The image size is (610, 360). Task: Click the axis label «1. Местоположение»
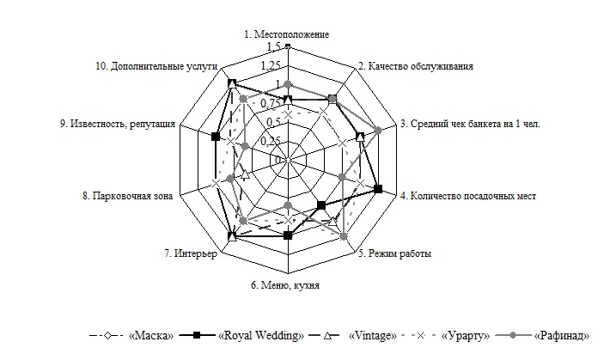[x=286, y=34]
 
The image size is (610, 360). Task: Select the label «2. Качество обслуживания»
[x=415, y=65]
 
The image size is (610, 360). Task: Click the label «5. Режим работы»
[x=395, y=254]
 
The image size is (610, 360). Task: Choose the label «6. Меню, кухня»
[x=286, y=286]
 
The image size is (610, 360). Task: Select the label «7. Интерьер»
[x=195, y=254]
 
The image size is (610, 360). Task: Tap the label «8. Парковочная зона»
[x=128, y=196]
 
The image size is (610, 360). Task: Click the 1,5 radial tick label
[x=274, y=46]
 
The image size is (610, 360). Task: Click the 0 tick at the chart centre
[x=279, y=159]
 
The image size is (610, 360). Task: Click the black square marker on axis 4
[x=378, y=189]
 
